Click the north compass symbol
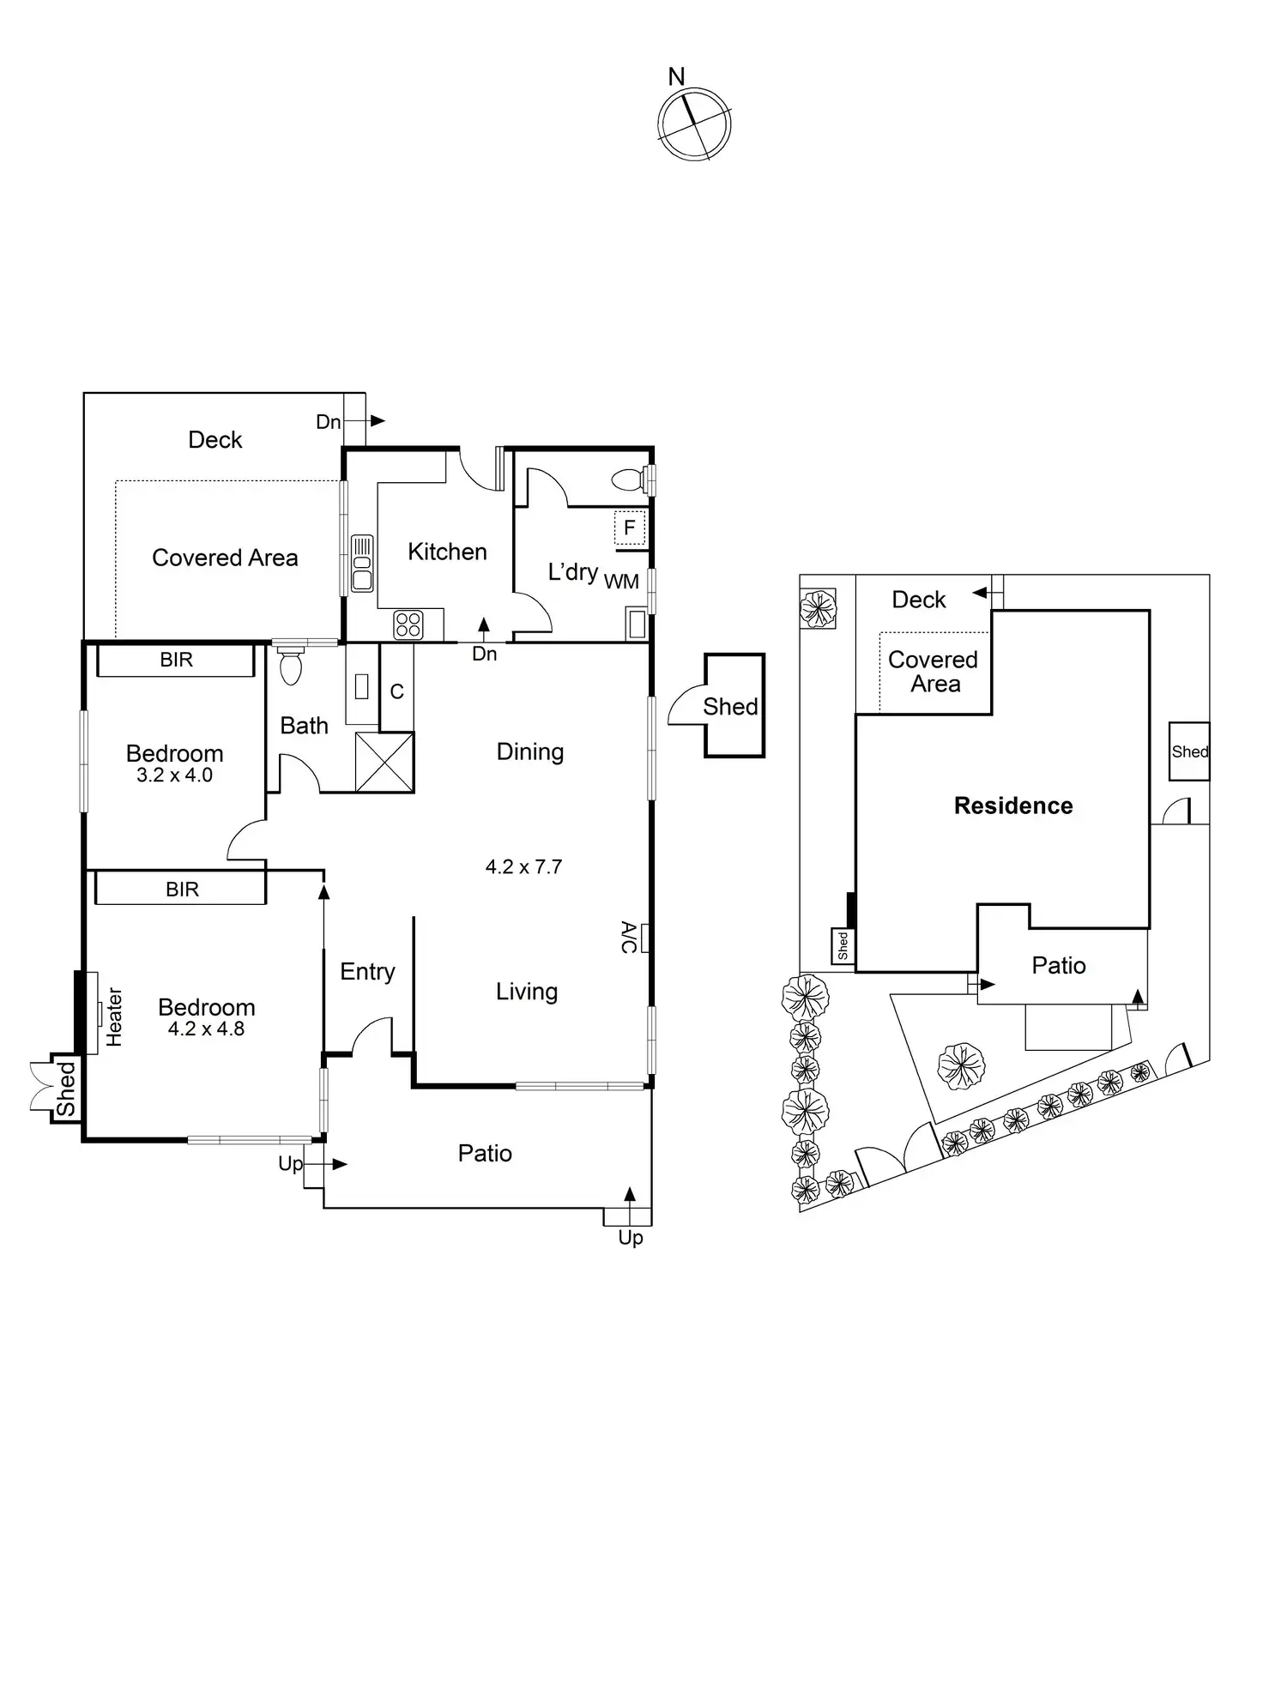coord(694,124)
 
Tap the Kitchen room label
coord(447,552)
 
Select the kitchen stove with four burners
coord(408,624)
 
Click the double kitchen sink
coord(362,563)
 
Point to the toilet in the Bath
coord(292,667)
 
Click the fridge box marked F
coord(629,528)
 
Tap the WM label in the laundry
coord(621,582)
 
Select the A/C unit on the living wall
coord(644,938)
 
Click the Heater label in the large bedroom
coord(114,1016)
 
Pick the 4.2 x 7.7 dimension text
coord(523,866)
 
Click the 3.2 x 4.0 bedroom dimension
coord(174,775)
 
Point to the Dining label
coord(530,751)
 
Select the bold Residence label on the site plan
coord(1013,805)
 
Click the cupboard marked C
coord(396,691)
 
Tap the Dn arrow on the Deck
coord(376,421)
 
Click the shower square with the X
coord(384,762)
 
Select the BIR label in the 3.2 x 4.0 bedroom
coord(176,660)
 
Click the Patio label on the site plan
coord(1059,965)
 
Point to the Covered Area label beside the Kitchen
coord(225,558)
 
